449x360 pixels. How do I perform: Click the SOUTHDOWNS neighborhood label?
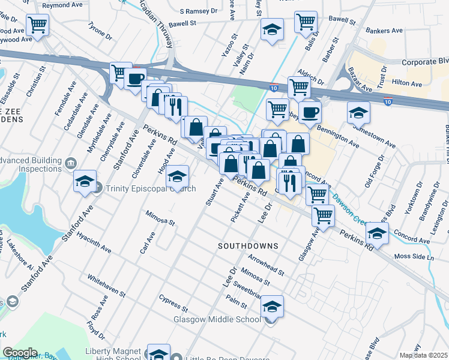click(x=248, y=246)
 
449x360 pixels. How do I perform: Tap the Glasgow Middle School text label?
click(x=217, y=319)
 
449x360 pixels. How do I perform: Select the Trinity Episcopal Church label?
click(x=150, y=189)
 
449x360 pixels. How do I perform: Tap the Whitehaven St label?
click(x=106, y=286)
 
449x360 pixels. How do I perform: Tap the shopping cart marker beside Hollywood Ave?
click(x=37, y=26)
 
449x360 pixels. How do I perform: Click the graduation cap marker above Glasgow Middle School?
click(x=272, y=307)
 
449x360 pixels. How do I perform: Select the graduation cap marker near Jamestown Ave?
click(x=358, y=112)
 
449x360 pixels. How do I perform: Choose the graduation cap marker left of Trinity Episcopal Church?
click(x=85, y=181)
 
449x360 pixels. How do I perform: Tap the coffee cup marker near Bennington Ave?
click(x=310, y=112)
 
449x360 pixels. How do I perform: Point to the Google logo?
click(x=20, y=353)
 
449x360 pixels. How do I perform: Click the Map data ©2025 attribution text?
click(x=424, y=355)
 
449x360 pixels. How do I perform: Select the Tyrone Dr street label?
click(x=100, y=31)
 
